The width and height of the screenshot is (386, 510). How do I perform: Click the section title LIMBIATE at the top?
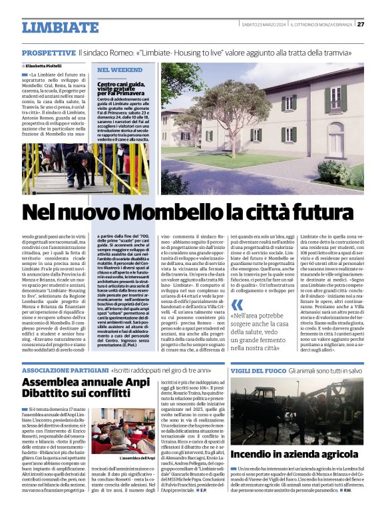60,27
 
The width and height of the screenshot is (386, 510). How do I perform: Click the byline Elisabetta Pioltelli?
47,66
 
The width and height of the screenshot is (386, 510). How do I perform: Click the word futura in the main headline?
323,212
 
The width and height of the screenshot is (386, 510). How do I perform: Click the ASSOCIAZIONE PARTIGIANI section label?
63,370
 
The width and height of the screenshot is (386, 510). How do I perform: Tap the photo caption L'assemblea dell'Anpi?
137,458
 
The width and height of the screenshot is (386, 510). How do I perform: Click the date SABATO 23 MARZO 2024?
265,24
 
